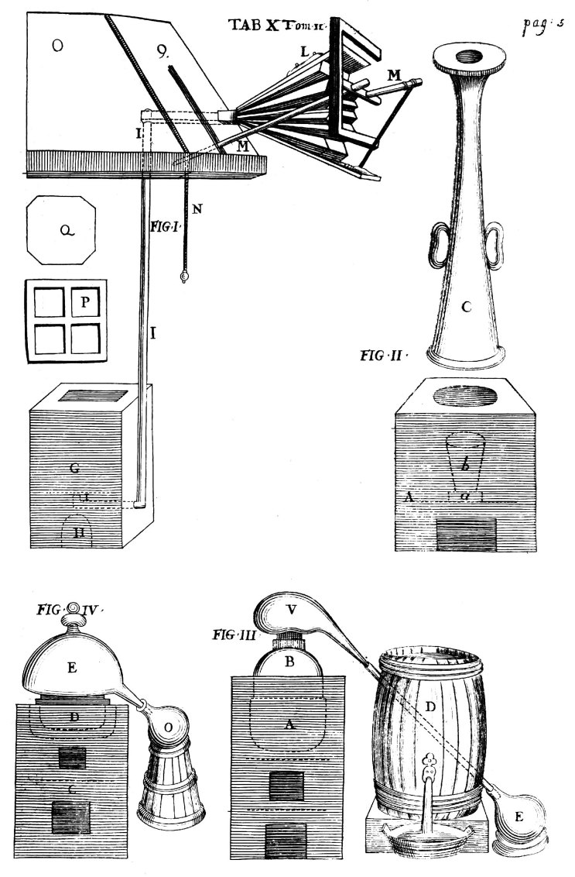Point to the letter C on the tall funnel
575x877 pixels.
466,308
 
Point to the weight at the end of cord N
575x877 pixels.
184,277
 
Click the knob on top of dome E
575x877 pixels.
75,609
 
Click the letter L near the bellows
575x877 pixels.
305,51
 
